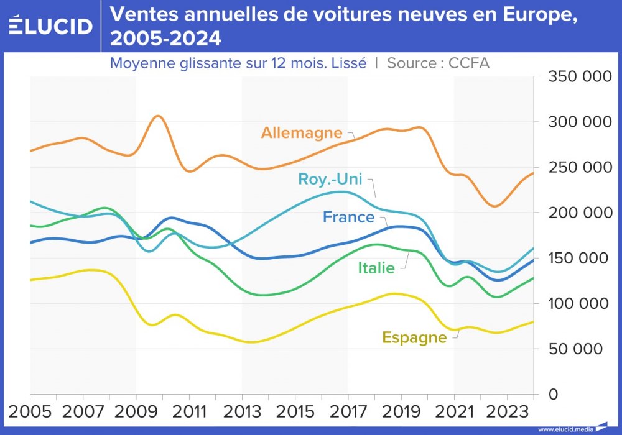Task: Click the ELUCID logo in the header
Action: [50, 25]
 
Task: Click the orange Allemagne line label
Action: [302, 132]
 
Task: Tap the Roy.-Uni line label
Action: [330, 180]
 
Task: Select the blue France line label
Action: [348, 217]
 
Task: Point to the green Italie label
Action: [376, 268]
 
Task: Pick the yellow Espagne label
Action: [414, 337]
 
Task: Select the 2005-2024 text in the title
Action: [165, 39]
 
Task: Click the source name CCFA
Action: [469, 63]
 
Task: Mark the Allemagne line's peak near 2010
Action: [158, 116]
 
